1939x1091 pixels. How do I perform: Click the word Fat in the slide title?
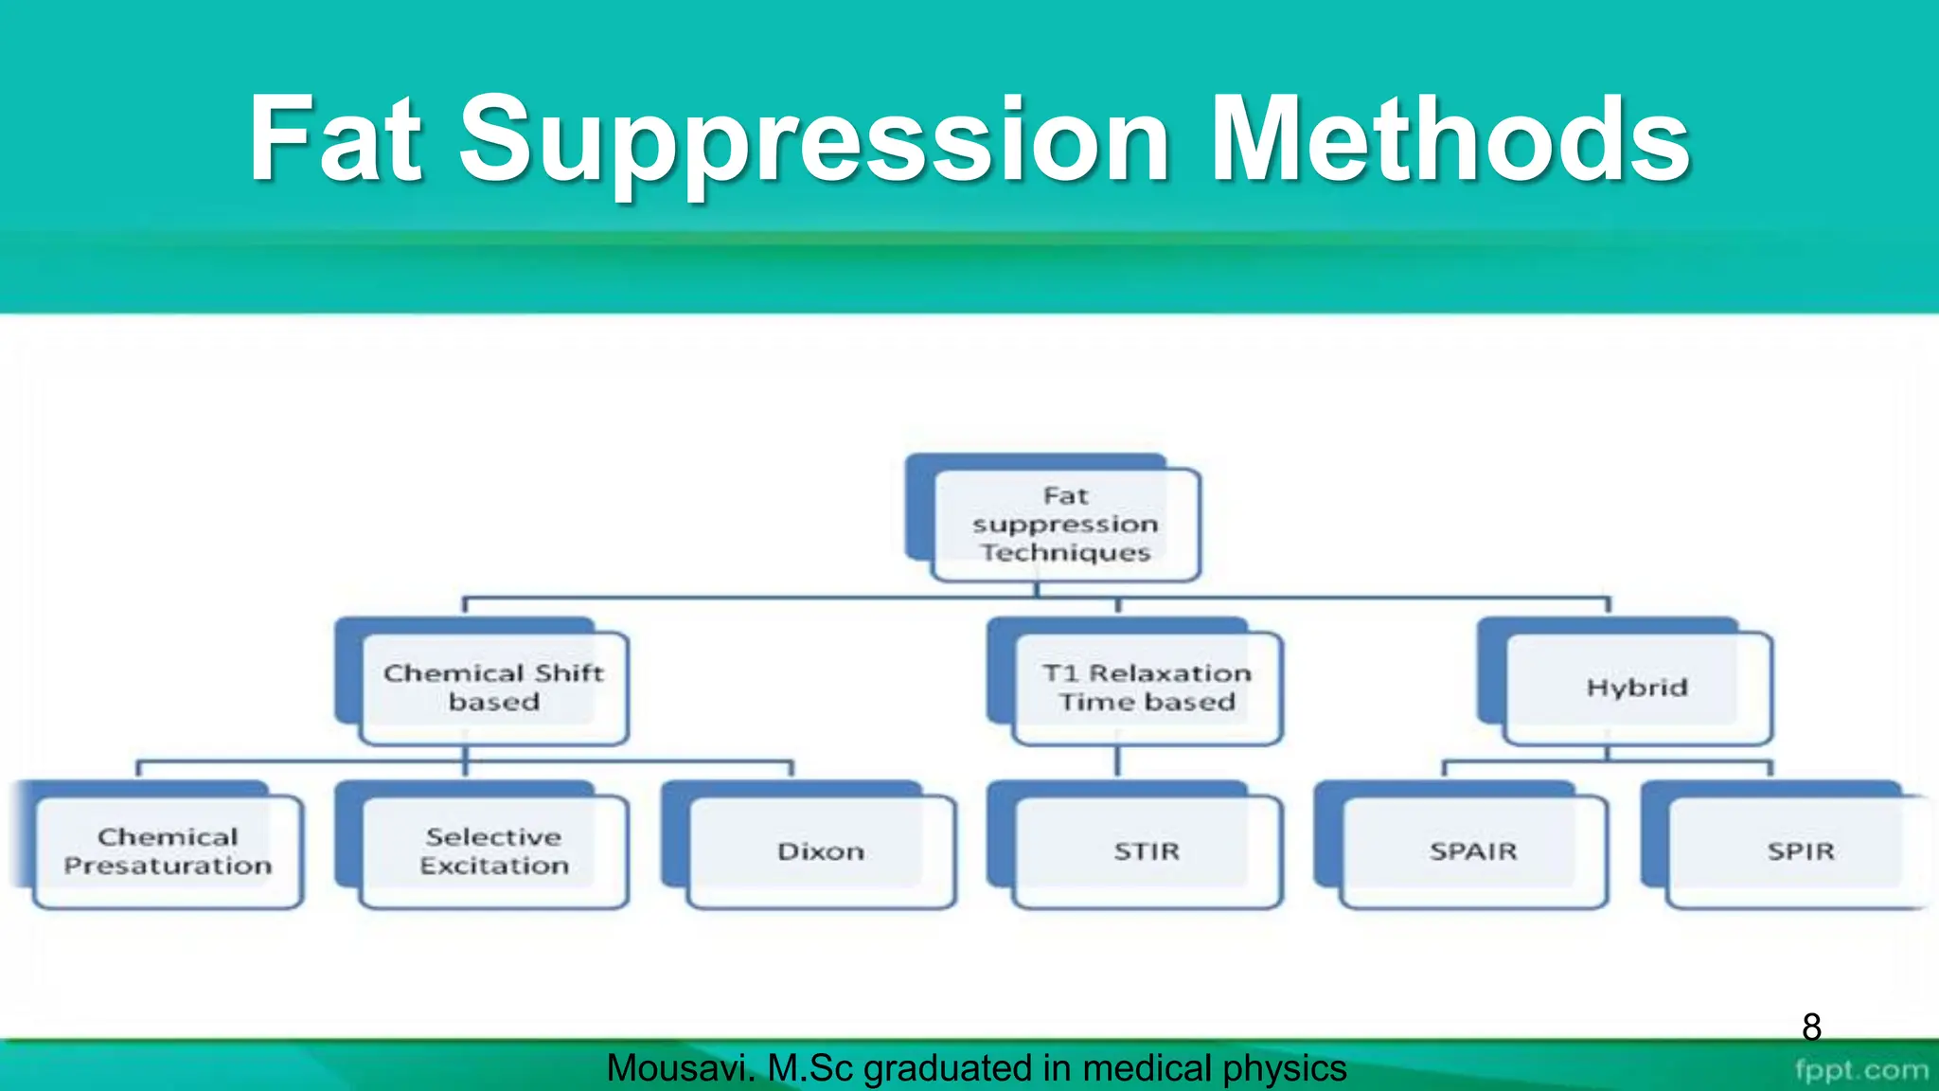tap(333, 139)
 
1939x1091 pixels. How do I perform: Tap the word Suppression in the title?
tap(814, 142)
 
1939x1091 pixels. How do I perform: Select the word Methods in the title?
tap(1450, 139)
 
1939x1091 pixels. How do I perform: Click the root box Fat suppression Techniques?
tap(1065, 524)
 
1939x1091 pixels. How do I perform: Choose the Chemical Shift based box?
tap(493, 688)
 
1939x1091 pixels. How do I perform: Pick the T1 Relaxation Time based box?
tap(1147, 688)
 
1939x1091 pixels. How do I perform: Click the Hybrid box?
tap(1637, 688)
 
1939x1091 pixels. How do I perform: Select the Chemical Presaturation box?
tap(168, 851)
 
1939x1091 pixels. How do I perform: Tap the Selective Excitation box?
tap(493, 851)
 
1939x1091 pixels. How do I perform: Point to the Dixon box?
tap(821, 851)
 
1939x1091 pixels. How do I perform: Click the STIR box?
tap(1147, 851)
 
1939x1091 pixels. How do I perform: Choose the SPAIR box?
tap(1473, 851)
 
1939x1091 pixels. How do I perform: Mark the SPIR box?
tap(1800, 851)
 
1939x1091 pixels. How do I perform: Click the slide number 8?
tap(1811, 1027)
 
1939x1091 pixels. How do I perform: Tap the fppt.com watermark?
tap(1860, 1070)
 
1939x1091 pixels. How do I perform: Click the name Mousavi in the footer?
tap(679, 1068)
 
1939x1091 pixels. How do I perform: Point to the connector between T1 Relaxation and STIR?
tap(1117, 762)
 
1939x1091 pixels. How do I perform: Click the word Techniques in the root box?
tap(1065, 553)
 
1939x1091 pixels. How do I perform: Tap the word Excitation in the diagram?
tap(493, 867)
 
